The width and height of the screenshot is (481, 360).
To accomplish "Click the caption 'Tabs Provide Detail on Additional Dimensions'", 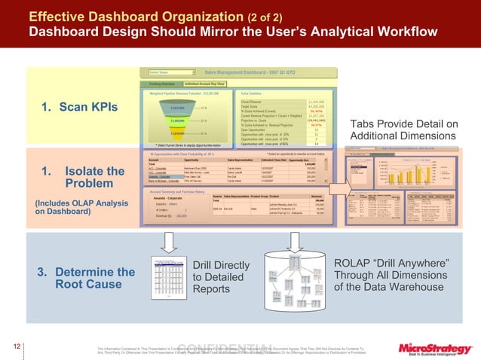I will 404,129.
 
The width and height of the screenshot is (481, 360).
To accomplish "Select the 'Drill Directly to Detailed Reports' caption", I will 221,277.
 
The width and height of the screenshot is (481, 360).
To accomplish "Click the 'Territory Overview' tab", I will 159,83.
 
